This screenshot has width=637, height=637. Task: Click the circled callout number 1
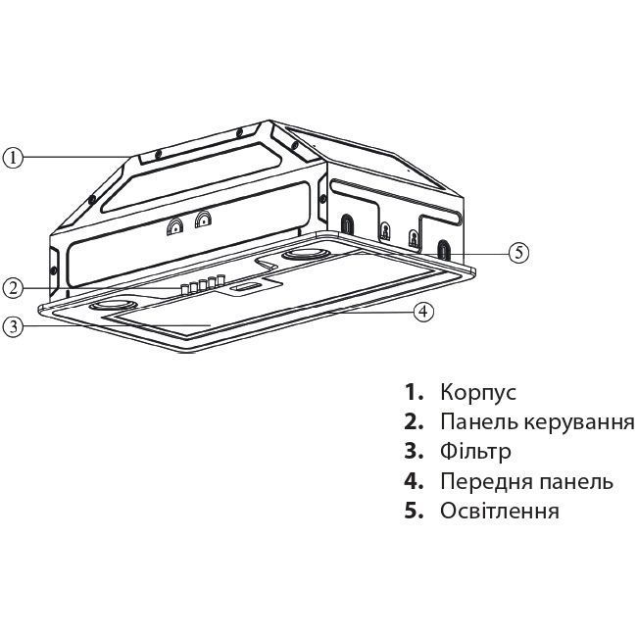[x=12, y=157]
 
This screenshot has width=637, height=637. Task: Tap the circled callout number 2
[x=12, y=287]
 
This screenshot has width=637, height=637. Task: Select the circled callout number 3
[x=12, y=326]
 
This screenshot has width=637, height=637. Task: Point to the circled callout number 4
[x=422, y=312]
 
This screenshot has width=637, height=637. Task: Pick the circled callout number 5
[x=519, y=252]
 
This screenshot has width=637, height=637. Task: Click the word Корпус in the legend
[x=477, y=392]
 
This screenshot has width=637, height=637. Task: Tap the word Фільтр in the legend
[x=475, y=452]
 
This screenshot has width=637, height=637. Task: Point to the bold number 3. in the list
[x=414, y=452]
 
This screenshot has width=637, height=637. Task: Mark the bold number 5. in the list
[x=414, y=511]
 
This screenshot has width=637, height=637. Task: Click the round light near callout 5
[x=306, y=255]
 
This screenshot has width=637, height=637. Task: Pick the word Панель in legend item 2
[x=469, y=422]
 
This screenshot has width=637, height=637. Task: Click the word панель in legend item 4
[x=571, y=481]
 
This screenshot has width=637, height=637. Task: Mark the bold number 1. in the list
[x=414, y=392]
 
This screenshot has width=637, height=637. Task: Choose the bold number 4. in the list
[x=414, y=481]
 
